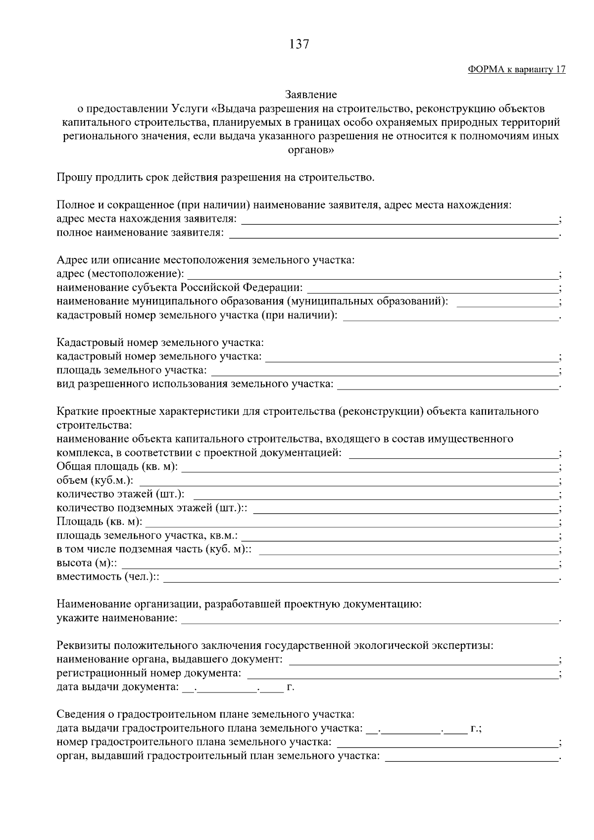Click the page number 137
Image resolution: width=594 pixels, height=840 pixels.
(x=299, y=45)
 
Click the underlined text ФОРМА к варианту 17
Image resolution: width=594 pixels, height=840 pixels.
(x=516, y=69)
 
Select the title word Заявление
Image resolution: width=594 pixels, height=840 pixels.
(x=311, y=94)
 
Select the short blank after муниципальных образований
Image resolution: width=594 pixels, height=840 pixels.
(x=506, y=304)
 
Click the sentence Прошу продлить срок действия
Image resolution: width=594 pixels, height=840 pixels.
(x=215, y=177)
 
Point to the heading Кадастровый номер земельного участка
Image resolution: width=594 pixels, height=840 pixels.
(x=160, y=342)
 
